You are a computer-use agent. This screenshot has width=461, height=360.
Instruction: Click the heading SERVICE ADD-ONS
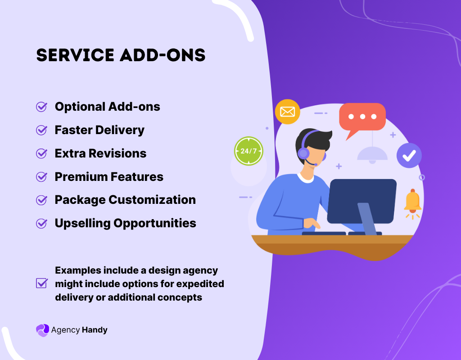click(x=121, y=55)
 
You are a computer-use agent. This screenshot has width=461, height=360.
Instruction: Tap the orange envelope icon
click(x=287, y=112)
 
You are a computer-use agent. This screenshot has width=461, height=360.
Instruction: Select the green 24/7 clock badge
click(x=248, y=151)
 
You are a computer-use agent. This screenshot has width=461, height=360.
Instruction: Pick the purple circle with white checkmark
click(x=409, y=155)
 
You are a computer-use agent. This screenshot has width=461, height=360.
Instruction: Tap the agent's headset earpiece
click(x=303, y=153)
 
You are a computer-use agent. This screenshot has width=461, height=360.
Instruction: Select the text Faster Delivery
click(x=99, y=130)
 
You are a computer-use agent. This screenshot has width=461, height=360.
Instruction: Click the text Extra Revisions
click(x=100, y=153)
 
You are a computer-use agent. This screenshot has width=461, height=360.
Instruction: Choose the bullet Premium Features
click(x=109, y=177)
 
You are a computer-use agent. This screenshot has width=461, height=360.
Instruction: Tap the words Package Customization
click(x=125, y=200)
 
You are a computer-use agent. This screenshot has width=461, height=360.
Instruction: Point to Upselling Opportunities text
click(x=125, y=223)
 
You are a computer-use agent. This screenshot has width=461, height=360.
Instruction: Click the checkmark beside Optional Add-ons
click(x=41, y=107)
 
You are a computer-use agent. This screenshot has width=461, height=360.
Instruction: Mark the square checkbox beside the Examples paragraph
click(x=41, y=283)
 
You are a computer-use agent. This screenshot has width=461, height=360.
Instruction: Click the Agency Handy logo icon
click(x=42, y=330)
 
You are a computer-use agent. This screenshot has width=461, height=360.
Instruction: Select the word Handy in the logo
click(x=95, y=330)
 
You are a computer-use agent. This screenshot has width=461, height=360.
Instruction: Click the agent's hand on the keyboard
click(x=311, y=223)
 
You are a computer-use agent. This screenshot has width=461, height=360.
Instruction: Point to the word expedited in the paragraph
click(x=200, y=284)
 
